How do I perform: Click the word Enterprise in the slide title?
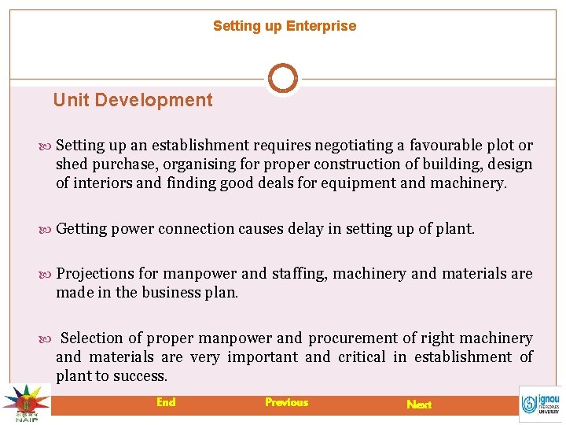click(x=321, y=26)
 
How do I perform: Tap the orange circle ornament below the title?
click(x=283, y=79)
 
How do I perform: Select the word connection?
click(x=196, y=229)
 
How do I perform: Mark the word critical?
click(x=362, y=357)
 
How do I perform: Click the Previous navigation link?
click(x=286, y=402)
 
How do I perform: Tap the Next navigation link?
click(x=419, y=405)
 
